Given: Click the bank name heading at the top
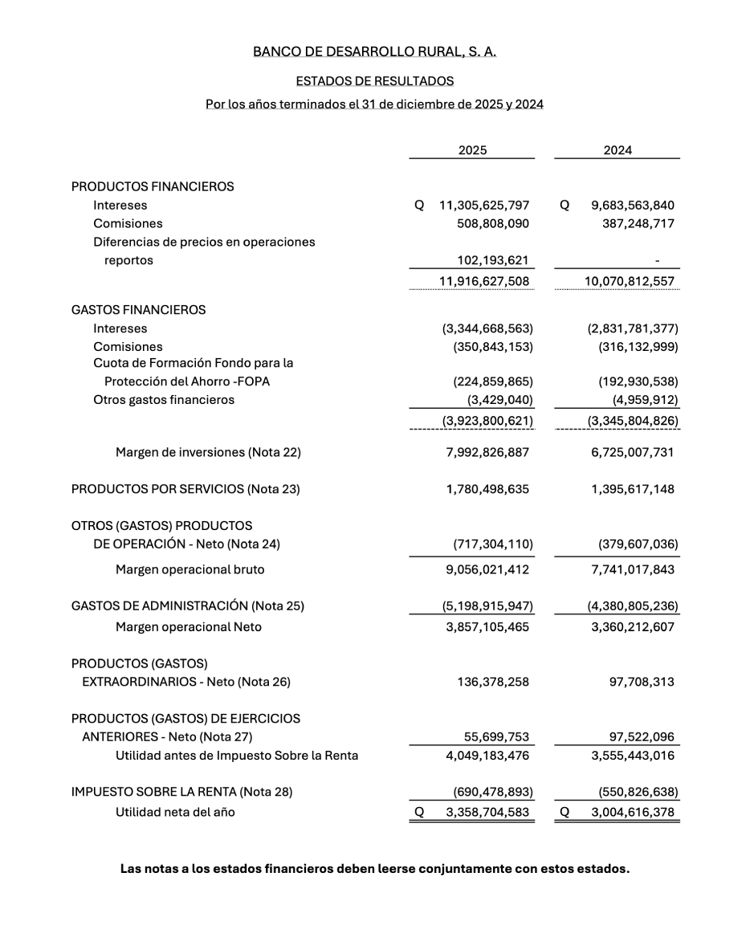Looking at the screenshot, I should [374, 51].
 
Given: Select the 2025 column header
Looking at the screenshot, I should [472, 150].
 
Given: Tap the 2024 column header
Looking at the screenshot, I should [617, 150].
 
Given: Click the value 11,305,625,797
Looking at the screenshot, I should [484, 206].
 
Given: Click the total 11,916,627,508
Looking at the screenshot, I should [484, 282].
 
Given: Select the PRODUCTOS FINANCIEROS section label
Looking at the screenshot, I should [153, 186].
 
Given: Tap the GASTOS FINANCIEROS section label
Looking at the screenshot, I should [138, 310].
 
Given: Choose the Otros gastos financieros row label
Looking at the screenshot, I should [164, 400].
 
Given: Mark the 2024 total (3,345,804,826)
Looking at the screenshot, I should [633, 421].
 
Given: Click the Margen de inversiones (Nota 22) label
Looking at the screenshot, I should [208, 453].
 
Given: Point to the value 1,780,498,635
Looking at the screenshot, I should [487, 489].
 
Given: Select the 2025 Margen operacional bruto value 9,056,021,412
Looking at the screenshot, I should [487, 570].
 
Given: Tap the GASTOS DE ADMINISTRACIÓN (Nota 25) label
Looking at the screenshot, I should [188, 606].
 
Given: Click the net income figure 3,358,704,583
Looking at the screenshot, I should [487, 813].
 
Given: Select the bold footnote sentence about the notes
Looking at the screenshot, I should [375, 869].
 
